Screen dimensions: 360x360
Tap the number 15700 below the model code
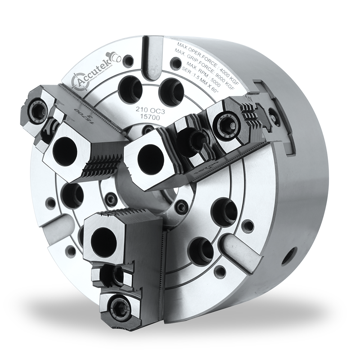(x=147, y=116)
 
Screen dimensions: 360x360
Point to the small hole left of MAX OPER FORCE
(x=175, y=64)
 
